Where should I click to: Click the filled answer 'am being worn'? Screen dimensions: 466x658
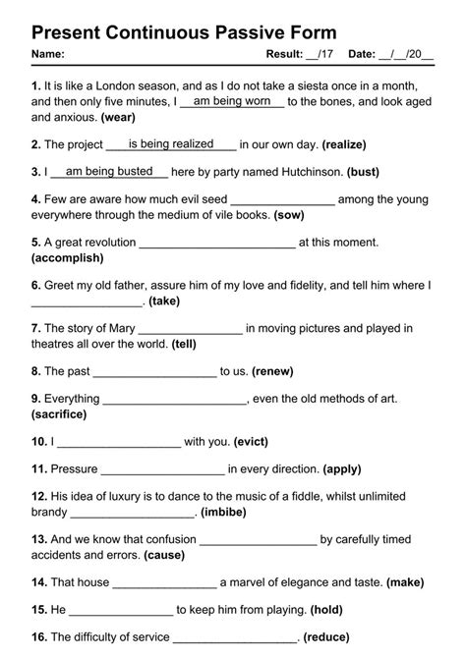click(x=232, y=101)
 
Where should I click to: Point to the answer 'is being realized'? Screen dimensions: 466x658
click(x=171, y=143)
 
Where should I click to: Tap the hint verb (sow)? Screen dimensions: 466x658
click(x=292, y=213)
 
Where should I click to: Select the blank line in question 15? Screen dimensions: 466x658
click(x=120, y=610)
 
